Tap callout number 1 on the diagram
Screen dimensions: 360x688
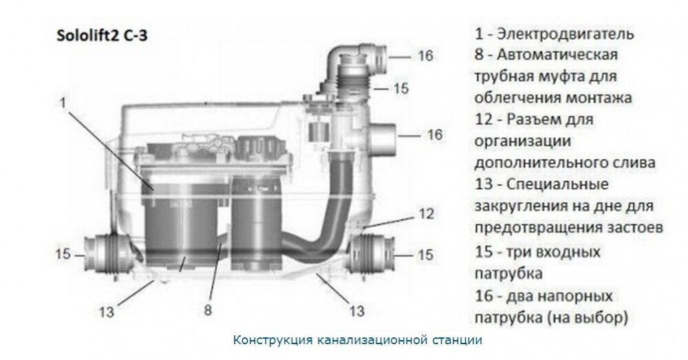63,103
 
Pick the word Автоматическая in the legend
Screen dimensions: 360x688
560,54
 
